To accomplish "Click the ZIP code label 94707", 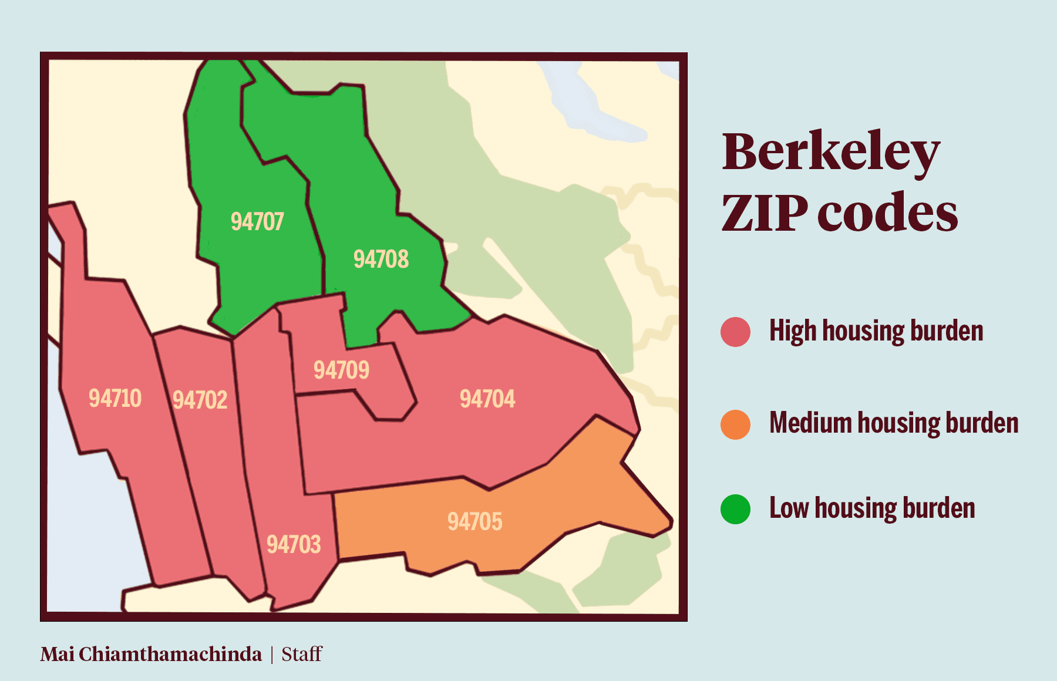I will (x=257, y=221).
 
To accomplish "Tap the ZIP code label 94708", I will (x=381, y=259).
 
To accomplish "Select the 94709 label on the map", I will (x=341, y=370).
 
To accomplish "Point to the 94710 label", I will (x=115, y=398).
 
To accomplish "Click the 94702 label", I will (x=200, y=400).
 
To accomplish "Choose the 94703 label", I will (x=294, y=544).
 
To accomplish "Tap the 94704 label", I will (x=487, y=399).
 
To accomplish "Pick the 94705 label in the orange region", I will (x=474, y=521).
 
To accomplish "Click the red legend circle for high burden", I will (x=735, y=332).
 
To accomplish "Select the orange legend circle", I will (x=735, y=424).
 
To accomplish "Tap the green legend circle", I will (x=735, y=509).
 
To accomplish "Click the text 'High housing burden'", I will (x=876, y=331).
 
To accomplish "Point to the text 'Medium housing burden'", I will (x=893, y=423).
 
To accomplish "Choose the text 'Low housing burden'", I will (x=871, y=508).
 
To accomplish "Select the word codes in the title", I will (x=887, y=213).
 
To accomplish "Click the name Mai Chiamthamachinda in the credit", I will (x=151, y=654).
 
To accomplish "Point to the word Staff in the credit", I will (x=302, y=654).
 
